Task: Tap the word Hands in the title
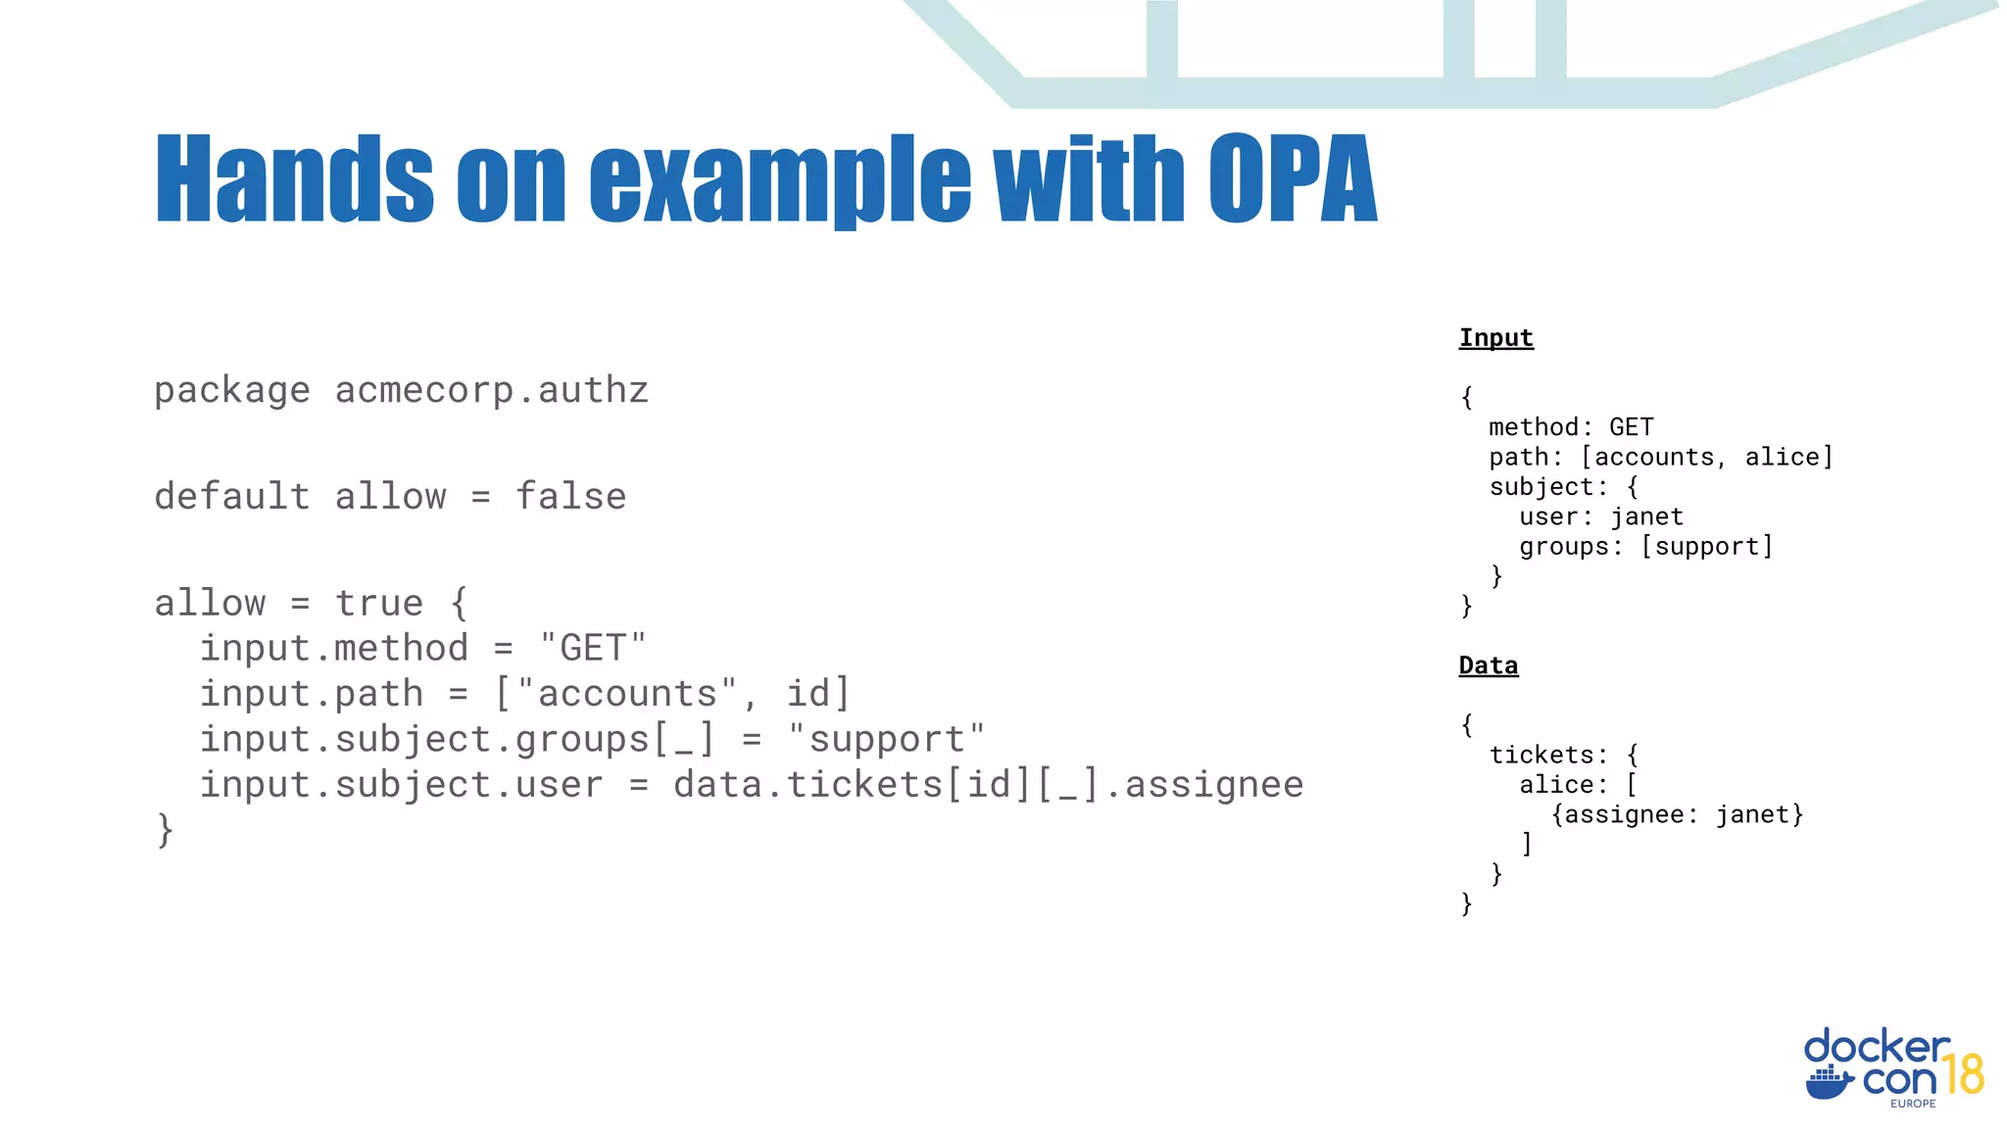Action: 294,179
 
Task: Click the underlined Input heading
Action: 1495,338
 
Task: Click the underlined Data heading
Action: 1488,665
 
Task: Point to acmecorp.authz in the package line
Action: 491,391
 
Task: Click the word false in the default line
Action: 570,497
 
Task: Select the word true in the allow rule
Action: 379,604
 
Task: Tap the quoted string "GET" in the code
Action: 593,649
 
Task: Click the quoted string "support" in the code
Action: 886,740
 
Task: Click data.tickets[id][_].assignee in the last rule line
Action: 988,785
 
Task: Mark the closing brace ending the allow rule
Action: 165,830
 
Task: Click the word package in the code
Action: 232,391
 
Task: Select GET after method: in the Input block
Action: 1631,427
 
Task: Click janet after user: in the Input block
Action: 1646,516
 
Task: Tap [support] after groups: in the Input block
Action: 1707,547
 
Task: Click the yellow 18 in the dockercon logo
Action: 1963,1075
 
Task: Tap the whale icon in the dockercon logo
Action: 1829,1083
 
